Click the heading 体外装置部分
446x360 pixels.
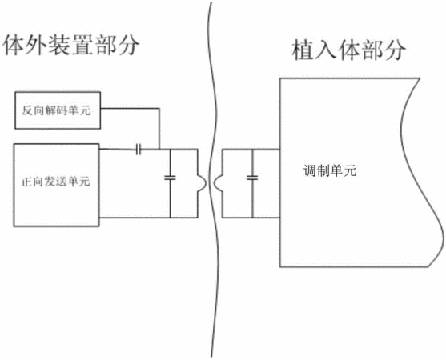[x=70, y=45]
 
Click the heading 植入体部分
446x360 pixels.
[x=349, y=50]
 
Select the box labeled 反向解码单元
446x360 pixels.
[x=58, y=110]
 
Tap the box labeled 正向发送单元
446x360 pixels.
[x=56, y=185]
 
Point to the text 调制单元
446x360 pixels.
[x=330, y=171]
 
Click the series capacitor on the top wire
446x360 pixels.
[x=139, y=149]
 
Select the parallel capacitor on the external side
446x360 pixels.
[x=170, y=178]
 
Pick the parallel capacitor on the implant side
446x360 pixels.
[x=252, y=178]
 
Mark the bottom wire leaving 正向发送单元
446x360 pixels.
[x=148, y=218]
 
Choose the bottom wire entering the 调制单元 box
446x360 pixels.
[x=251, y=218]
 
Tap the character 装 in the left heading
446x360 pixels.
[x=59, y=45]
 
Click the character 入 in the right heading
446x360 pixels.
[x=326, y=50]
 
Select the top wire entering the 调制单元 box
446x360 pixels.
[x=251, y=149]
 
